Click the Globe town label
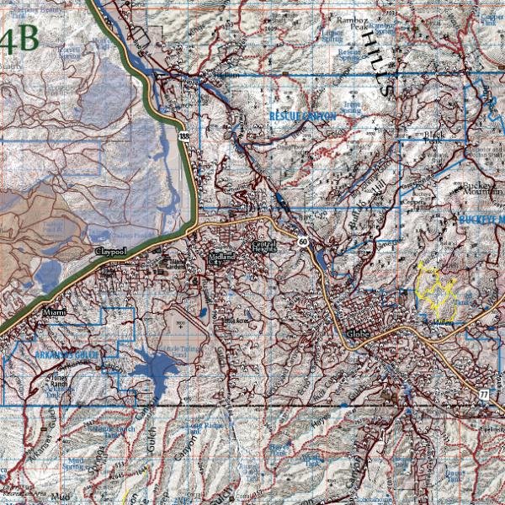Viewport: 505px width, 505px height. (358, 333)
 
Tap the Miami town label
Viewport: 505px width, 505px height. (55, 312)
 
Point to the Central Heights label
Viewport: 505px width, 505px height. (264, 246)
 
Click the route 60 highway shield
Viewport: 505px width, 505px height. (301, 241)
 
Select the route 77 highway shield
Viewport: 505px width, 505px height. (483, 394)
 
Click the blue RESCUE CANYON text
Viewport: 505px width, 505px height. (302, 115)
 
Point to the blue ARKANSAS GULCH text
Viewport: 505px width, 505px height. (66, 356)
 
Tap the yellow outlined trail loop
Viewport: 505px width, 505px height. (436, 287)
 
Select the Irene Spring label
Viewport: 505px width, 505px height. (352, 105)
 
